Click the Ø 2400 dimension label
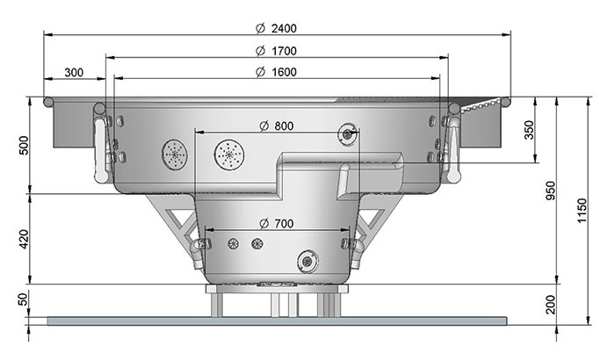[277, 28]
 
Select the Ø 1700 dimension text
[277, 51]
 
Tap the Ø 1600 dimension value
[277, 72]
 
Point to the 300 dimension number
[74, 73]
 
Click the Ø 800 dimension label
[277, 126]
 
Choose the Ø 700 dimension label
[277, 224]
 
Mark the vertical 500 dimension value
[24, 145]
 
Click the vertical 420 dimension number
[24, 239]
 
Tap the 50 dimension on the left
[24, 299]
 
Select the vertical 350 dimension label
[529, 130]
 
